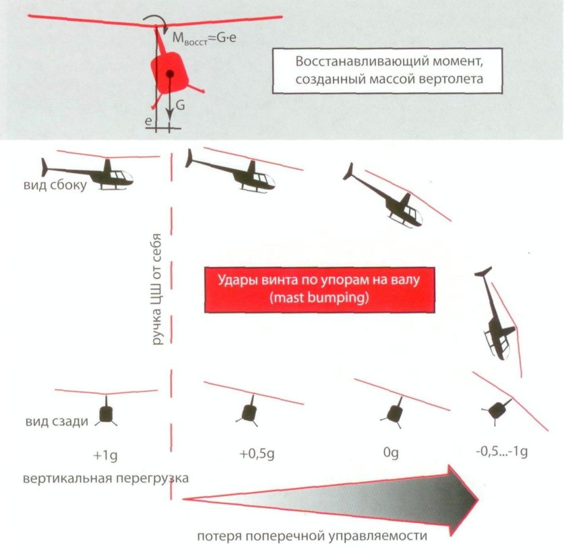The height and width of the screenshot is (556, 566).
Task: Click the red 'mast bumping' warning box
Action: tap(317, 289)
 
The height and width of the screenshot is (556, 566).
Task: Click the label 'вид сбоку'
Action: tap(57, 186)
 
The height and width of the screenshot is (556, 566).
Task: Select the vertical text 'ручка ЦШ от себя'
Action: tap(158, 287)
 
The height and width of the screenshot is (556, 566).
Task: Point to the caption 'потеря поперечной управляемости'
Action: tap(313, 537)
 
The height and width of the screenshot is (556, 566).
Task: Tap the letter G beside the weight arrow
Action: tap(179, 106)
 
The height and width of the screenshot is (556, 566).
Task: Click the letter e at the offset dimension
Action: tap(148, 121)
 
